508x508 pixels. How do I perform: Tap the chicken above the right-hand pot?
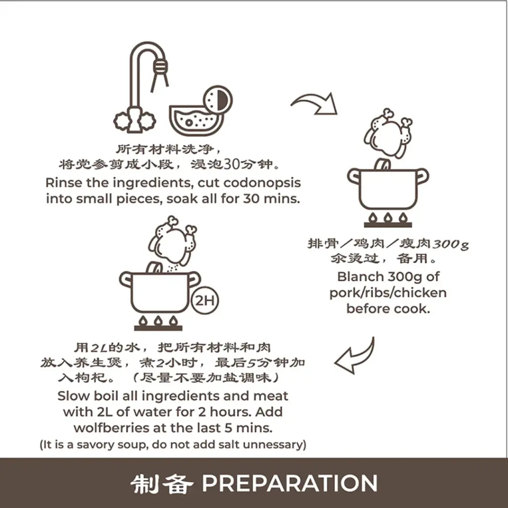coord(388,132)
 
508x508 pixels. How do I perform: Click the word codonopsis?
coord(262,183)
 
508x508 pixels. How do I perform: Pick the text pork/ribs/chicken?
coord(387,292)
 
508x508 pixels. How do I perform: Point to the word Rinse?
coord(63,183)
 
